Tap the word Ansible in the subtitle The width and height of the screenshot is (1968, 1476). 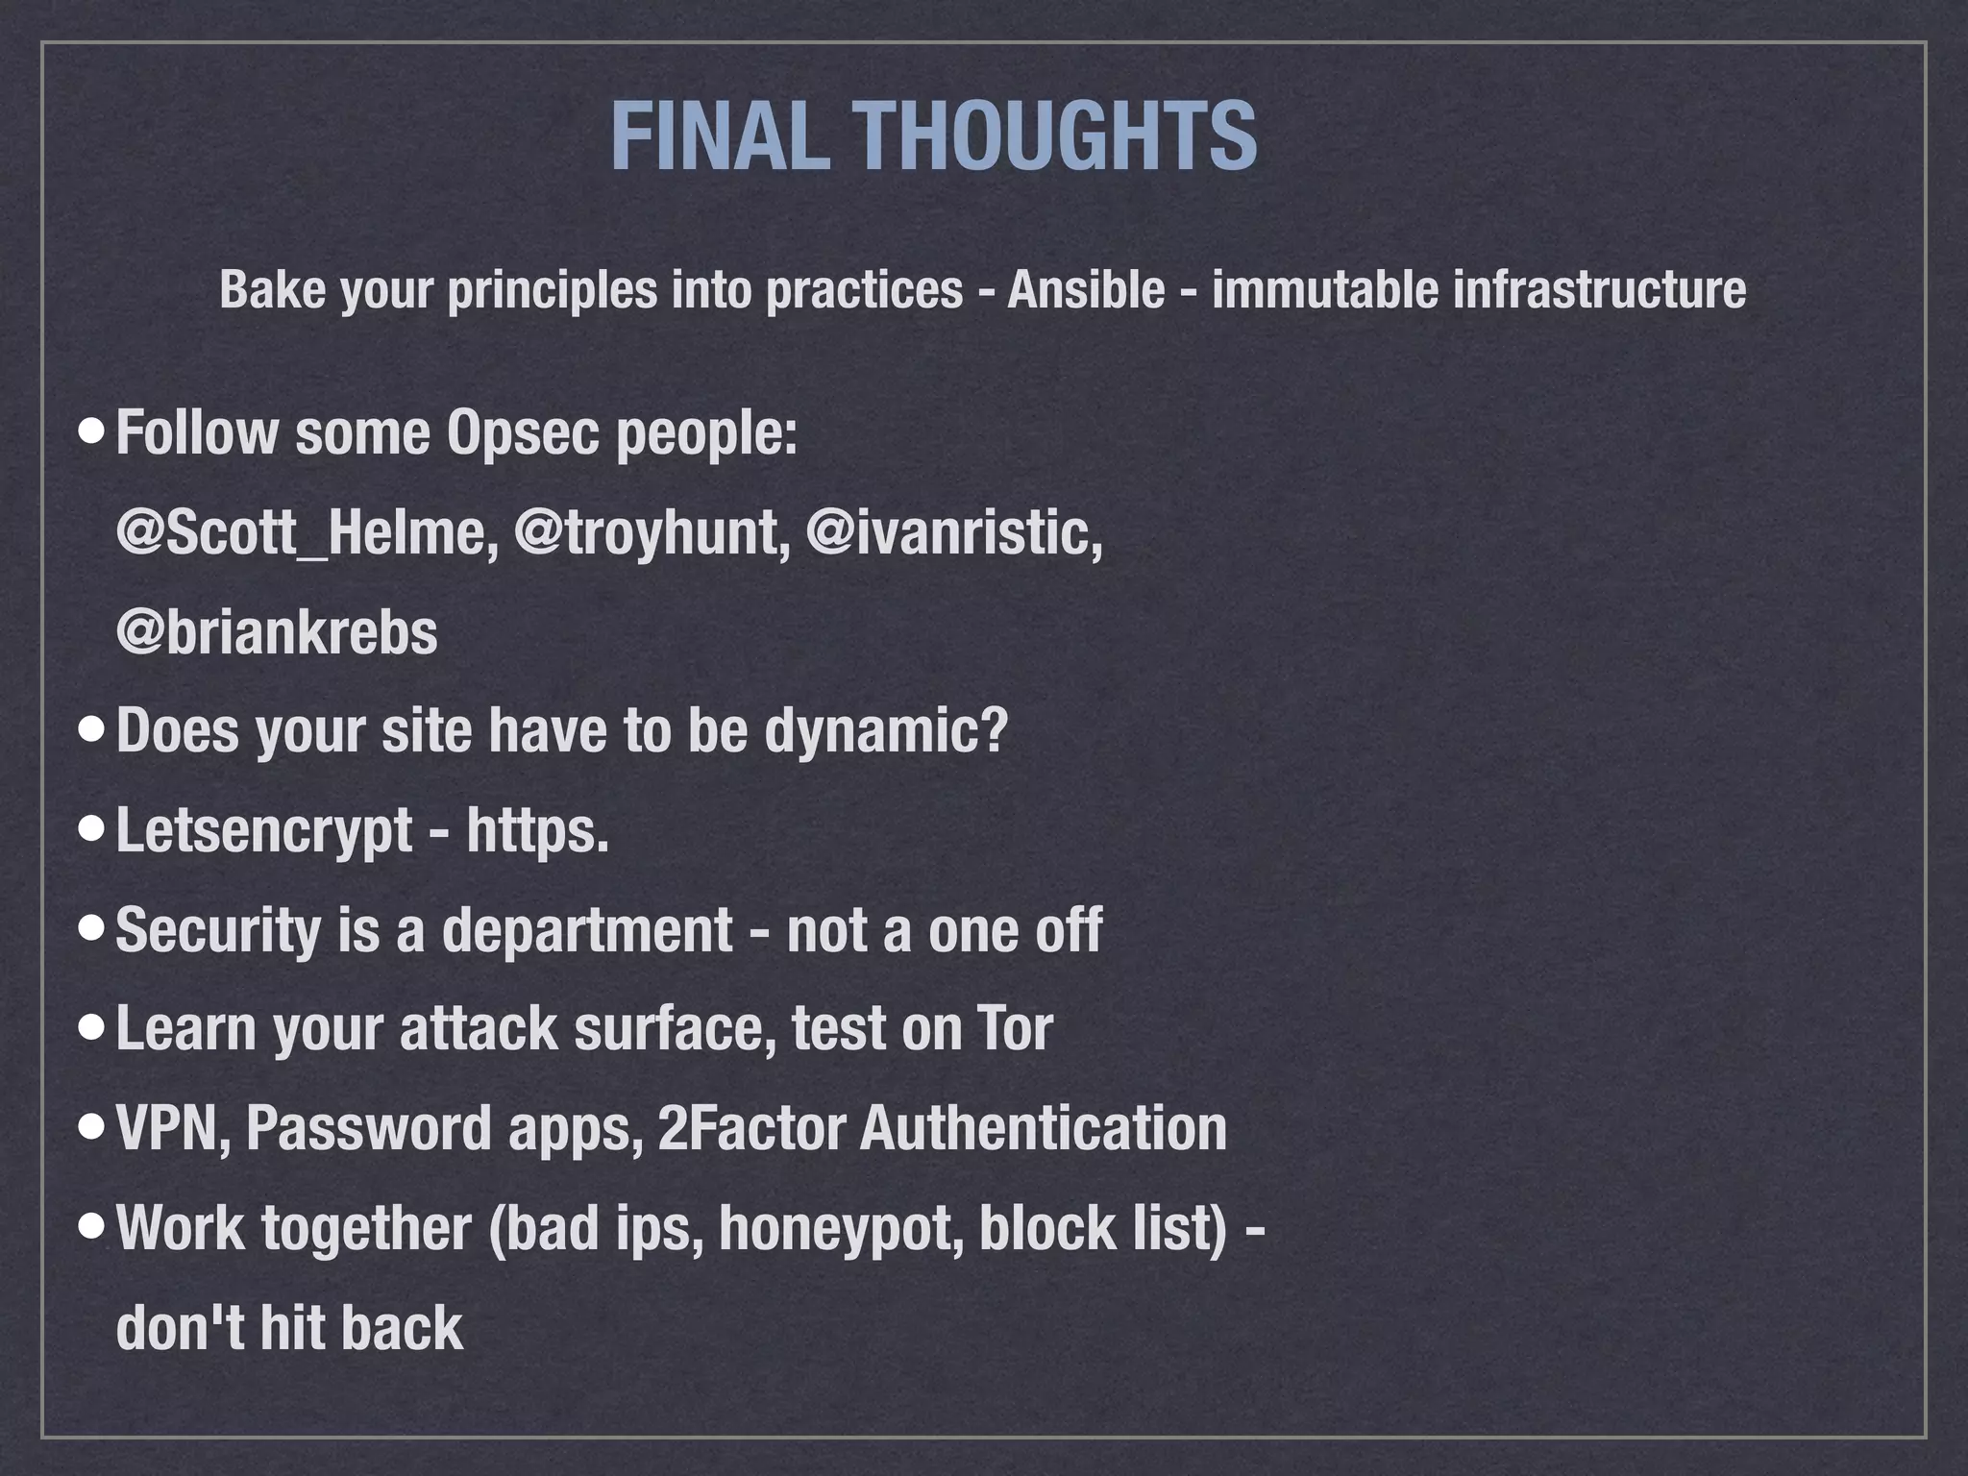coord(1086,290)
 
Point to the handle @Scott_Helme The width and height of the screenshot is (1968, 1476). coord(307,533)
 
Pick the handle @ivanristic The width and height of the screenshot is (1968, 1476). coord(954,533)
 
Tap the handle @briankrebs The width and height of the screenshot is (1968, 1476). coord(277,633)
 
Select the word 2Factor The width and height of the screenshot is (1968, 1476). coord(751,1128)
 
